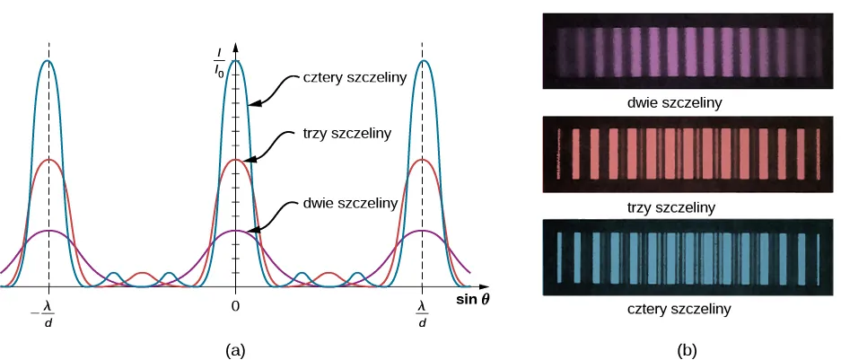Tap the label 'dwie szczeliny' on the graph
coord(350,203)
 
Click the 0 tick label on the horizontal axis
coord(235,306)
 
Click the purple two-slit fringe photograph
coord(688,50)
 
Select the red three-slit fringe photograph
coord(688,154)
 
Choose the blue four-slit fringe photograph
coord(688,257)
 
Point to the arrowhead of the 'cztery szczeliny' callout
coord(252,104)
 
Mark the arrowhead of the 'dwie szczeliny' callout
coord(250,231)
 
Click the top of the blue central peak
coord(235,61)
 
